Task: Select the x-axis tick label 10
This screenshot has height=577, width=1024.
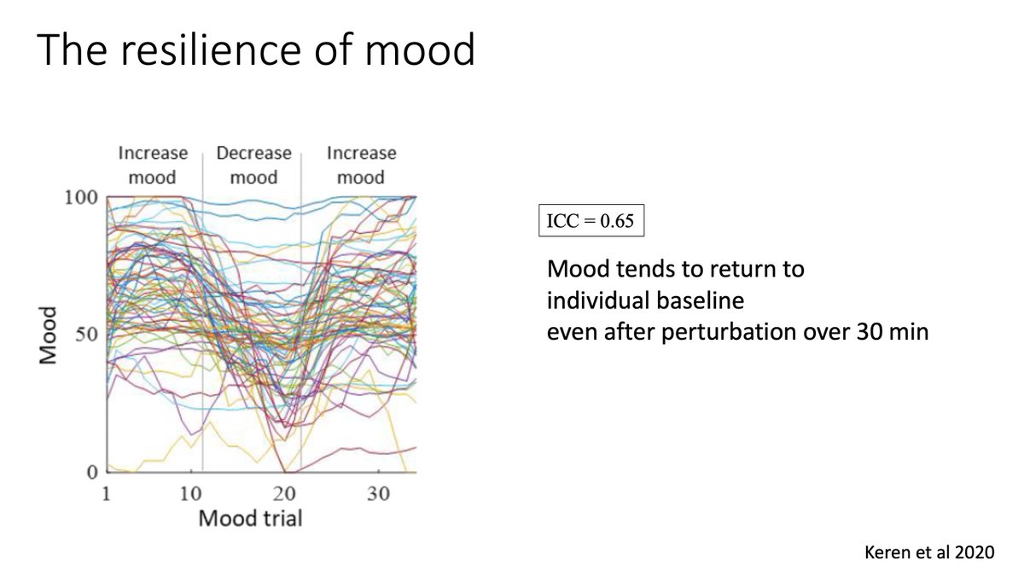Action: [x=192, y=495]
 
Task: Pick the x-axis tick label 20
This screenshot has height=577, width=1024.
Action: [x=283, y=495]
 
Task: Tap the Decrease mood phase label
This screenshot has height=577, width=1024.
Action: [x=253, y=165]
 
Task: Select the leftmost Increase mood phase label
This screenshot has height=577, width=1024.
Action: [x=153, y=165]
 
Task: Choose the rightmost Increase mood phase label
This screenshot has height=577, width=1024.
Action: [x=361, y=165]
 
